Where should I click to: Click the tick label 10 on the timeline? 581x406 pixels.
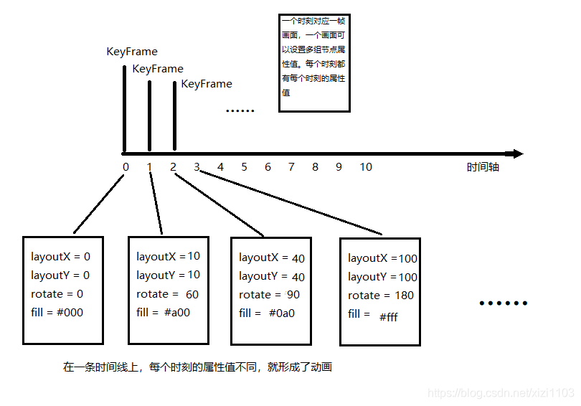366,167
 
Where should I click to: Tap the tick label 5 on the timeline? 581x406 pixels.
244,167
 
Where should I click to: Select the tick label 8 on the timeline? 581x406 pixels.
315,167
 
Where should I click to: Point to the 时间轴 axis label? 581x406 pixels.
483,167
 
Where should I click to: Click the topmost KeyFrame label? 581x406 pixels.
132,52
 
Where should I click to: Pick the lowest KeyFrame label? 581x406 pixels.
207,84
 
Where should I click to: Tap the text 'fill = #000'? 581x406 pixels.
57,312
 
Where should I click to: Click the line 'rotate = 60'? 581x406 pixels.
167,294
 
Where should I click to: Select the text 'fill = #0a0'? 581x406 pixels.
267,313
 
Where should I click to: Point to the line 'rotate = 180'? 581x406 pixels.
381,296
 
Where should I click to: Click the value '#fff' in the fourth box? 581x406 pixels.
388,316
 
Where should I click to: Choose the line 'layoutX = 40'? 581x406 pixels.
272,258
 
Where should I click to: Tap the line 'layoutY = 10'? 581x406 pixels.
169,275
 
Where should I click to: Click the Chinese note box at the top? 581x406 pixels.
314,63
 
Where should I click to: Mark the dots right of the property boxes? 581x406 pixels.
503,303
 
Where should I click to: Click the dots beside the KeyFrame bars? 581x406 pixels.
240,111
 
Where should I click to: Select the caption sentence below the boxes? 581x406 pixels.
197,367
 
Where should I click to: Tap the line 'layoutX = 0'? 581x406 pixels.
61,256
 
